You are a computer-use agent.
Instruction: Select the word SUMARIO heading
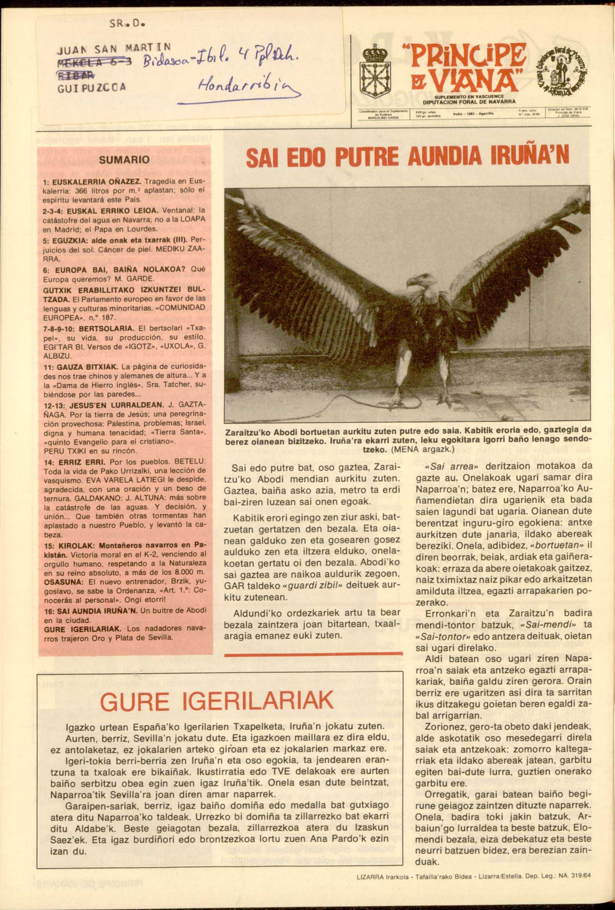point(125,160)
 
